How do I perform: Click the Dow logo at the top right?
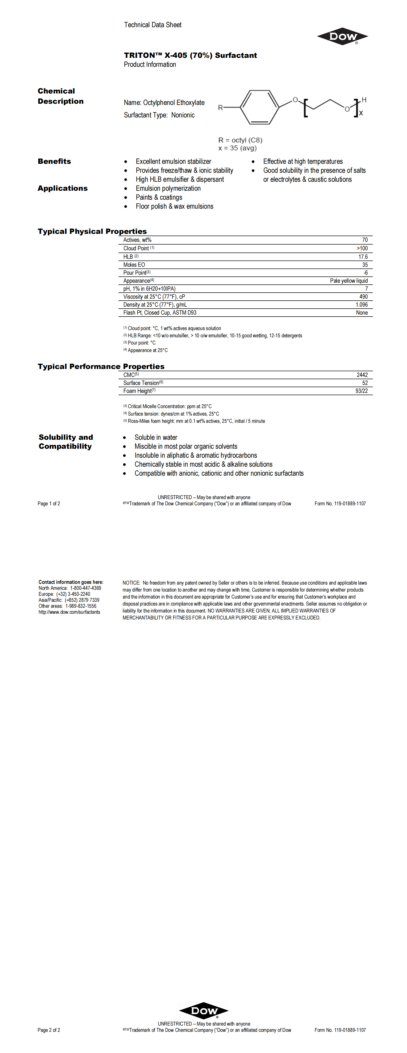coord(342,37)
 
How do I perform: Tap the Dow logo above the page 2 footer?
coord(204,1010)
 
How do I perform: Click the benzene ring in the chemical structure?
coord(259,107)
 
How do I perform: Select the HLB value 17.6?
coord(363,257)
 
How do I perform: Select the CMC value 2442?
coord(362,375)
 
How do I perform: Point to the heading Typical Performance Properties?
coord(101,366)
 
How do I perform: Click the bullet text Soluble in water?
coord(156,438)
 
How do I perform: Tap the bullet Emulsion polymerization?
coord(168,188)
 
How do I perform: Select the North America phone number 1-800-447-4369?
coord(86,588)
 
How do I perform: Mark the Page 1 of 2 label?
coord(49,504)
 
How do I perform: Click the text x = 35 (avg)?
coord(237,148)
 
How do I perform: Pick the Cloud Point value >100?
coord(362,248)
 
